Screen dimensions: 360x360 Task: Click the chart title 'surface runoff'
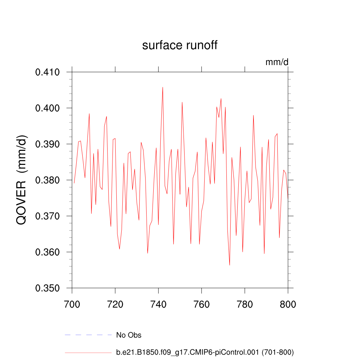click(180, 46)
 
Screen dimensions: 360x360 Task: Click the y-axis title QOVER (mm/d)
click(22, 180)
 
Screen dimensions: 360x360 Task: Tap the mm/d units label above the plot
click(277, 63)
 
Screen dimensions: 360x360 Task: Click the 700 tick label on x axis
click(72, 304)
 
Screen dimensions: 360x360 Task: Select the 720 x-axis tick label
click(115, 304)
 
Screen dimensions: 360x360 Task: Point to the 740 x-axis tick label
click(158, 304)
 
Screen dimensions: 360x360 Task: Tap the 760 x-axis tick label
click(201, 304)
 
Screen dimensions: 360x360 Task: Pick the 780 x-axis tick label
click(245, 304)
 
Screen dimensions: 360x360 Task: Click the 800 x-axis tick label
click(288, 304)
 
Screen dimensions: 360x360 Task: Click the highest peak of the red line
click(163, 87)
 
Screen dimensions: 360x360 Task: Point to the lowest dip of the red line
click(230, 265)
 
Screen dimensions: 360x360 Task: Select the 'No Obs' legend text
click(129, 335)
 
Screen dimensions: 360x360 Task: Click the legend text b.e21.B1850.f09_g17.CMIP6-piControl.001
click(205, 352)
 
